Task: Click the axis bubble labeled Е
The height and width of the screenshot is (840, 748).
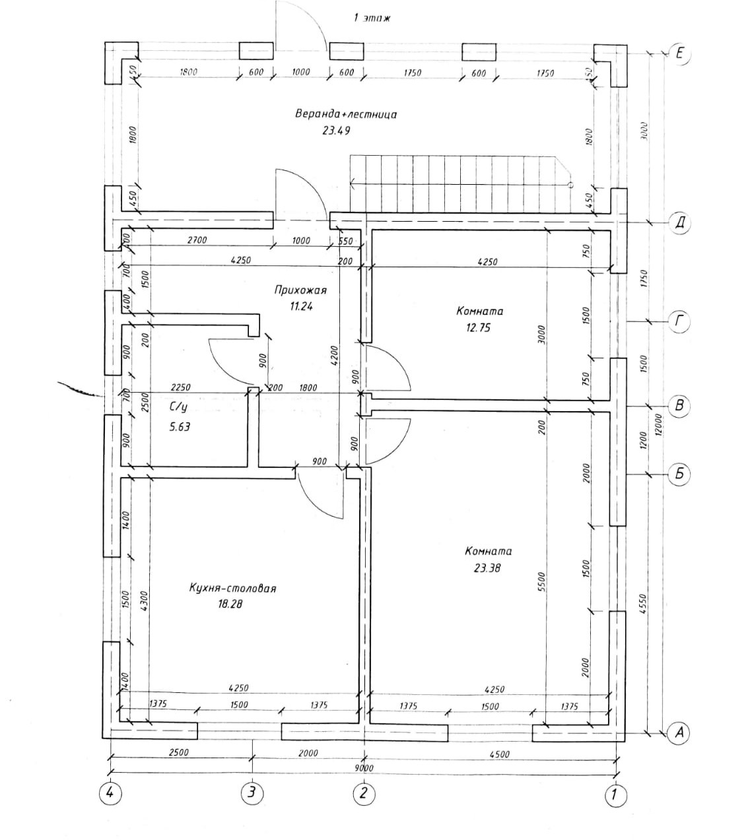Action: [x=680, y=53]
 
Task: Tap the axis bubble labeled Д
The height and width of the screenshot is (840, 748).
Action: [x=680, y=223]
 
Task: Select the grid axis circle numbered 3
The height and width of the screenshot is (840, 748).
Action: [x=250, y=792]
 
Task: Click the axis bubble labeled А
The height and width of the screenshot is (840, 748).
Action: [x=679, y=731]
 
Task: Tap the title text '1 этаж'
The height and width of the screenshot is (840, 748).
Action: [x=372, y=18]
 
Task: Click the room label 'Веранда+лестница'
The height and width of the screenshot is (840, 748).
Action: [x=346, y=114]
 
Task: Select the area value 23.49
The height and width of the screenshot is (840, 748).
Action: [x=335, y=131]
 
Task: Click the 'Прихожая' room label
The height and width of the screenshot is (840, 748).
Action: [x=300, y=290]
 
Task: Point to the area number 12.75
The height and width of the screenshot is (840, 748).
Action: [x=478, y=327]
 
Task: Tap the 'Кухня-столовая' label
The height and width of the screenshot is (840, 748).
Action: [x=232, y=588]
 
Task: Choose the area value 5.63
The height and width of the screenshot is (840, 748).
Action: [x=180, y=426]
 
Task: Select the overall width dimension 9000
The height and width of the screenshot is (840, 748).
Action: [x=363, y=767]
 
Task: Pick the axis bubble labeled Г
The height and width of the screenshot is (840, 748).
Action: [x=680, y=322]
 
